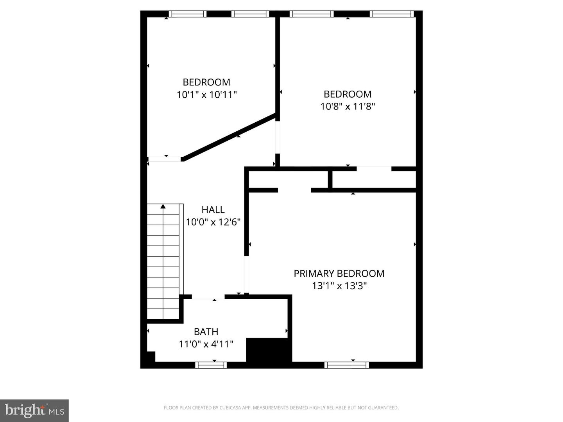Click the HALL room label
coord(213,209)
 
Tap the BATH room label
coord(206,332)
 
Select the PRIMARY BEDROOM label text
coord(339,274)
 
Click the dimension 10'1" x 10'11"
coord(207,95)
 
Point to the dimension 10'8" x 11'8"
coord(348,106)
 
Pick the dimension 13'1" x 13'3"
coord(339,286)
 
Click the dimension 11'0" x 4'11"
coord(206,344)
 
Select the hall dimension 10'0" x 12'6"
coord(213,222)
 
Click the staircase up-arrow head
coord(163,206)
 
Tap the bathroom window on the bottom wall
coord(211,365)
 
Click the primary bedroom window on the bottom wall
coord(346,365)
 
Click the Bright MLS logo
coord(34,410)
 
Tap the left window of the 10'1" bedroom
coord(188,14)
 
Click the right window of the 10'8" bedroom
coord(392,14)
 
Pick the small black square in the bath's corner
coord(151,356)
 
